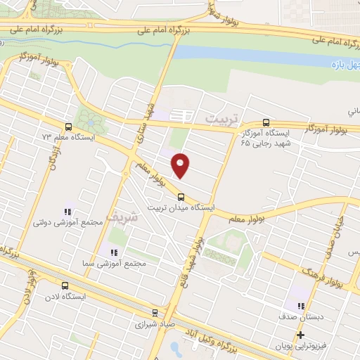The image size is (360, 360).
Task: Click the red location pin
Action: (181, 165)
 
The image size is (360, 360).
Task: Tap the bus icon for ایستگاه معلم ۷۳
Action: (68, 127)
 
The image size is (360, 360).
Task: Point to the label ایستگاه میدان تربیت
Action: (180, 208)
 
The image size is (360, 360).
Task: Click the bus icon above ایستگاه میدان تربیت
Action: (181, 196)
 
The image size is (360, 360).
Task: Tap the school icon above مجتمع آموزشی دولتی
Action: (68, 211)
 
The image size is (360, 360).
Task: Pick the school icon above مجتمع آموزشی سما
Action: (112, 252)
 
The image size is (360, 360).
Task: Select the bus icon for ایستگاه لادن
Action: (65, 285)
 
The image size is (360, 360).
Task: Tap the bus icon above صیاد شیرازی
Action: (155, 314)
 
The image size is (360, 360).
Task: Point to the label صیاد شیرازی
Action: (154, 326)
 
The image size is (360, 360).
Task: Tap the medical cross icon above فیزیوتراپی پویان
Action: (300, 335)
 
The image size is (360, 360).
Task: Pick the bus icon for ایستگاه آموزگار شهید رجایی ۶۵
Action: (265, 122)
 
